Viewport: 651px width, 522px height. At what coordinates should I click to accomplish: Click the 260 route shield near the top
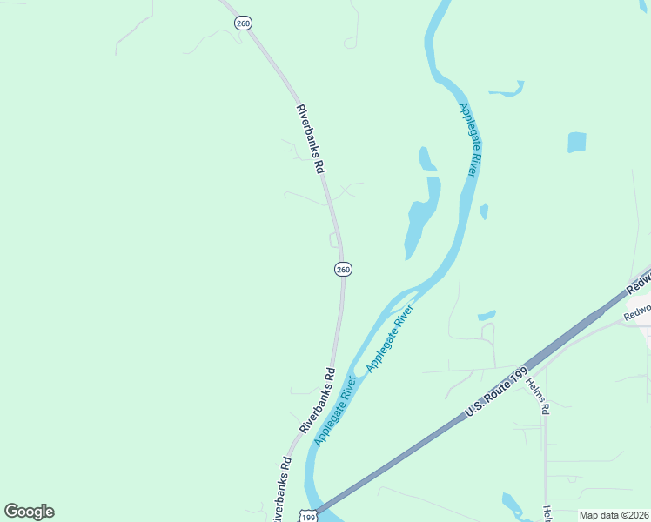243,23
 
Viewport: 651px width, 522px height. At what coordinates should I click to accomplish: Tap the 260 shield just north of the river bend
343,270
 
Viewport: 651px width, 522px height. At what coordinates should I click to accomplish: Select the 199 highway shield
306,515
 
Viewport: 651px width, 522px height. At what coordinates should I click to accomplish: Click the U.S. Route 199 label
496,391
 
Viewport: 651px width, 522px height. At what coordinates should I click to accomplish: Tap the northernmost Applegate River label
469,140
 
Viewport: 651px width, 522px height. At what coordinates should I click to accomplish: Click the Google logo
29,512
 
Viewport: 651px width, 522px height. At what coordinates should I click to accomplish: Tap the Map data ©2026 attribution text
613,515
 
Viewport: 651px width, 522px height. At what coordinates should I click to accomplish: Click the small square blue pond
576,143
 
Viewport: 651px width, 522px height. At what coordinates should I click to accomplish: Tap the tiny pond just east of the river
484,211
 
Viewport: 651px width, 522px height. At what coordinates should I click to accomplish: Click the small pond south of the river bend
487,315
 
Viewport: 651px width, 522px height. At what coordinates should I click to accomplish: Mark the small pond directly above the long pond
426,159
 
